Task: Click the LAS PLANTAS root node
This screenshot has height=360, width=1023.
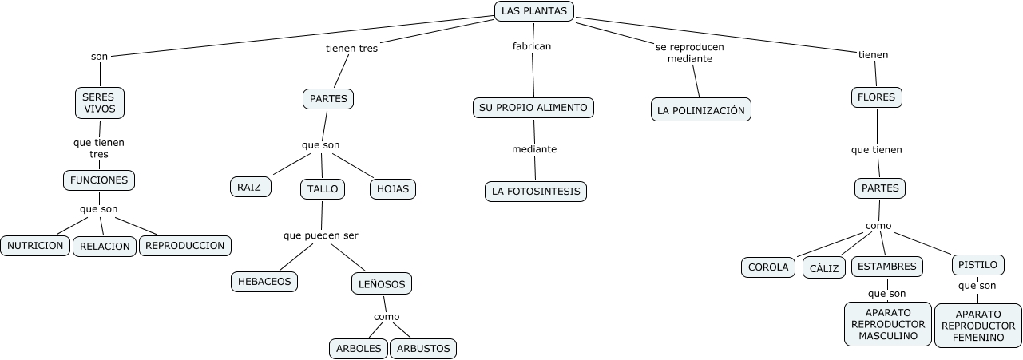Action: point(533,11)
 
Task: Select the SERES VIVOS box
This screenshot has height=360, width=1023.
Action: point(100,103)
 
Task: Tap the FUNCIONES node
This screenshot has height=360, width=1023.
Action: point(99,180)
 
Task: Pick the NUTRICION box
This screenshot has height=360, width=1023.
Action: point(35,246)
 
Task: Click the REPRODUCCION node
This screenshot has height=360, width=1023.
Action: point(185,246)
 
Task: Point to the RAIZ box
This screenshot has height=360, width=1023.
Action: point(250,187)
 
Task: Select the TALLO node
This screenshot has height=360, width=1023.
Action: point(323,189)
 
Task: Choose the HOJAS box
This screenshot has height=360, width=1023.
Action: point(392,189)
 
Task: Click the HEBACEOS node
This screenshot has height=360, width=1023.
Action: point(264,282)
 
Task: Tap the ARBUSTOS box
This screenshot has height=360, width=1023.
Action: point(423,349)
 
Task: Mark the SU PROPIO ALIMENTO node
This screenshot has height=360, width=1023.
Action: point(533,107)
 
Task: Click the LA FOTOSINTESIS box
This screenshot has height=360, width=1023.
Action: point(536,192)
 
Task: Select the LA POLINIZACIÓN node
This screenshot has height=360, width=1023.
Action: point(701,110)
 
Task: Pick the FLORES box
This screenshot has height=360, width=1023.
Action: point(876,97)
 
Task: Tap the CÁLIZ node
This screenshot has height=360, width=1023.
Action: point(823,268)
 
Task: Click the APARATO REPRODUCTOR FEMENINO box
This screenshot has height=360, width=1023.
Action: point(978,326)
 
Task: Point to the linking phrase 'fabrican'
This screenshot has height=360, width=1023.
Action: point(532,46)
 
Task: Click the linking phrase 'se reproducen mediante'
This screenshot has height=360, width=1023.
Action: point(689,53)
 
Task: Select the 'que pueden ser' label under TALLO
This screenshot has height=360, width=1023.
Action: point(321,235)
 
